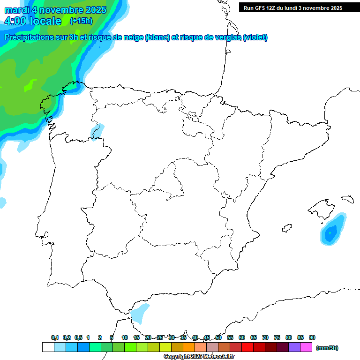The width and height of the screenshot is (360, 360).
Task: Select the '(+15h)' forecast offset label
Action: pyautogui.click(x=81, y=21)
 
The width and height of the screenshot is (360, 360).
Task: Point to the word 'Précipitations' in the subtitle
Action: pyautogui.click(x=35, y=37)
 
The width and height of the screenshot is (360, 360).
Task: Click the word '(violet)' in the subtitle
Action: pyautogui.click(x=255, y=37)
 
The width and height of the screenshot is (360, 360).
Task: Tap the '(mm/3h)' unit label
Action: pyautogui.click(x=327, y=348)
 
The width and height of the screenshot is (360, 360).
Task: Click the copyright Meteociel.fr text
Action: pyautogui.click(x=199, y=357)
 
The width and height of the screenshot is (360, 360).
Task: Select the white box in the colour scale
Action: pyautogui.click(x=48, y=347)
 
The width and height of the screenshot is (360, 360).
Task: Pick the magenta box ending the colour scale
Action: pyautogui.click(x=306, y=347)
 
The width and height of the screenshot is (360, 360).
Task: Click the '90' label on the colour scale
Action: pyautogui.click(x=312, y=337)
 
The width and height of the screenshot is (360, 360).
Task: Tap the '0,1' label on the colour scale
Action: pyautogui.click(x=55, y=337)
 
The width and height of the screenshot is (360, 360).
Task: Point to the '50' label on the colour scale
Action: pyautogui.click(x=218, y=337)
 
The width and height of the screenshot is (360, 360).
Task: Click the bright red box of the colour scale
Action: pyautogui.click(x=247, y=347)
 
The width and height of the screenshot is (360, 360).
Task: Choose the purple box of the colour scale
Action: pyautogui.click(x=294, y=347)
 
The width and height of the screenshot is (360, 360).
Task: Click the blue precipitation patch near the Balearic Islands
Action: pyautogui.click(x=332, y=231)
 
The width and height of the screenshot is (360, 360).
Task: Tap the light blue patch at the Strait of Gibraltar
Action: pyautogui.click(x=139, y=313)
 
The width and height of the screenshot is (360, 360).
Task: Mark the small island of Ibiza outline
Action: pyautogui.click(x=287, y=228)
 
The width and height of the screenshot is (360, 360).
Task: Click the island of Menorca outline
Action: pyautogui.click(x=347, y=199)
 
